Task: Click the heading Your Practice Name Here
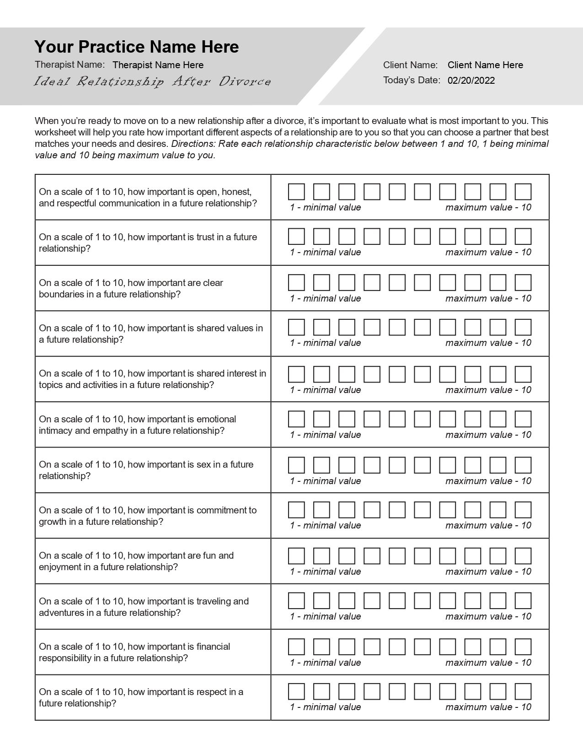pyautogui.click(x=136, y=47)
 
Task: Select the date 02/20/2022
pyautogui.click(x=471, y=81)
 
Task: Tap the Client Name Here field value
pyautogui.click(x=485, y=65)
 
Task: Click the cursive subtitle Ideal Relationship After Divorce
pyautogui.click(x=152, y=82)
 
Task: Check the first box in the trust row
pyautogui.click(x=296, y=237)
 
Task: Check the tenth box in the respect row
pyautogui.click(x=523, y=691)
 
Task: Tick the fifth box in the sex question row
pyautogui.click(x=397, y=465)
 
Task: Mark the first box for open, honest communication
pyautogui.click(x=296, y=192)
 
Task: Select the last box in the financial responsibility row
pyautogui.click(x=523, y=647)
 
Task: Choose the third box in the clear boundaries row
pyautogui.click(x=347, y=282)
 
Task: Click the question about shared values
pyautogui.click(x=151, y=334)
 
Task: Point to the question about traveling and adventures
pyautogui.click(x=144, y=607)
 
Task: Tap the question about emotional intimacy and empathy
pyautogui.click(x=137, y=425)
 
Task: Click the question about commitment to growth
pyautogui.click(x=148, y=516)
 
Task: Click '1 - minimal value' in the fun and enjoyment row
pyautogui.click(x=325, y=572)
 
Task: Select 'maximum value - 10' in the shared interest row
pyautogui.click(x=488, y=390)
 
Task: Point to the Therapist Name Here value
pyautogui.click(x=158, y=65)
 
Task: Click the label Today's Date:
pyautogui.click(x=412, y=80)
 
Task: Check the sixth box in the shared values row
pyautogui.click(x=422, y=327)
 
